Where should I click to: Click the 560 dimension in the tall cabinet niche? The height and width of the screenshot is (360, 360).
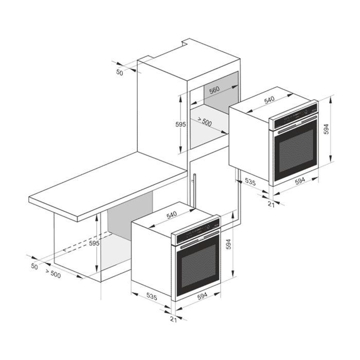pyautogui.click(x=214, y=89)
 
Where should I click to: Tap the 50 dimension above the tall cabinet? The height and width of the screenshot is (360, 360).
pyautogui.click(x=120, y=73)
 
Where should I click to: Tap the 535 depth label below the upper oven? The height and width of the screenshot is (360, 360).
pyautogui.click(x=250, y=182)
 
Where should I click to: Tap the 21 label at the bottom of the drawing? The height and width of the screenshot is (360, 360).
pyautogui.click(x=173, y=320)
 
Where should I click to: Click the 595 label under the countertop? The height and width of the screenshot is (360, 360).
pyautogui.click(x=94, y=243)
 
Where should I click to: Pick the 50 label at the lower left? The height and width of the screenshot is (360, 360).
pyautogui.click(x=34, y=266)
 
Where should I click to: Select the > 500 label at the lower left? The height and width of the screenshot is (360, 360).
pyautogui.click(x=53, y=275)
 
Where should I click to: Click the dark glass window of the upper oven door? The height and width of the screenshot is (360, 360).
pyautogui.click(x=296, y=150)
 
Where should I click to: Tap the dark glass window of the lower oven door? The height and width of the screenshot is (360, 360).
pyautogui.click(x=197, y=266)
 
